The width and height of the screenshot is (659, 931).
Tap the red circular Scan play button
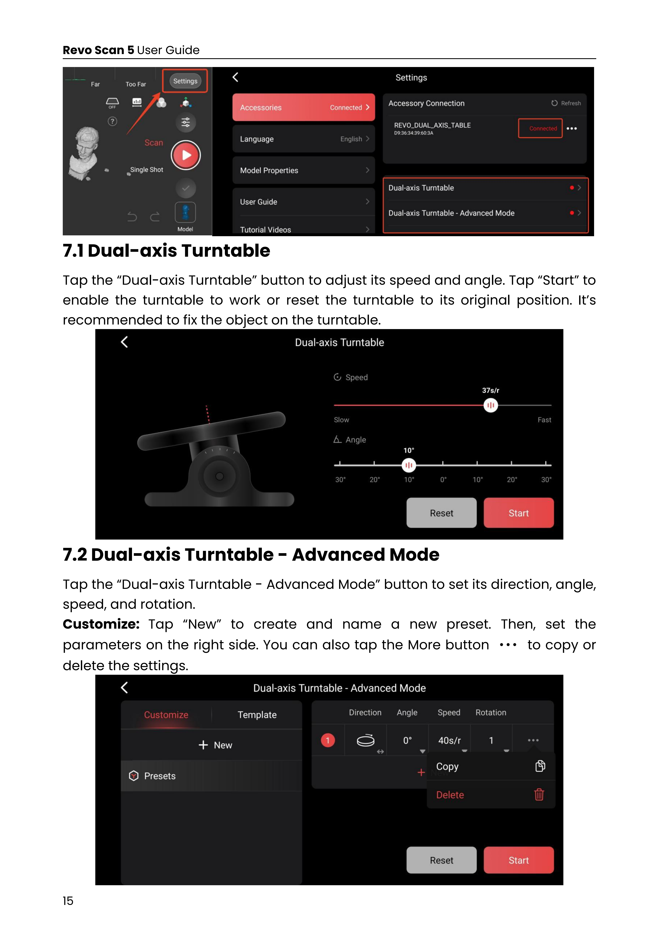[186, 155]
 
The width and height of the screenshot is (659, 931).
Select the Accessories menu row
[304, 107]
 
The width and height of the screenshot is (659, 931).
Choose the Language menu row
[304, 139]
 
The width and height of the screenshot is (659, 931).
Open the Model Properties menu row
[304, 170]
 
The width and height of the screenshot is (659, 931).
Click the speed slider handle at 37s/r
[491, 405]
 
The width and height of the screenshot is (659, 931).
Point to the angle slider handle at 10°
[409, 465]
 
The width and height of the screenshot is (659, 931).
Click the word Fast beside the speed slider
[544, 420]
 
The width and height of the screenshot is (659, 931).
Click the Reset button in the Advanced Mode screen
[441, 860]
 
